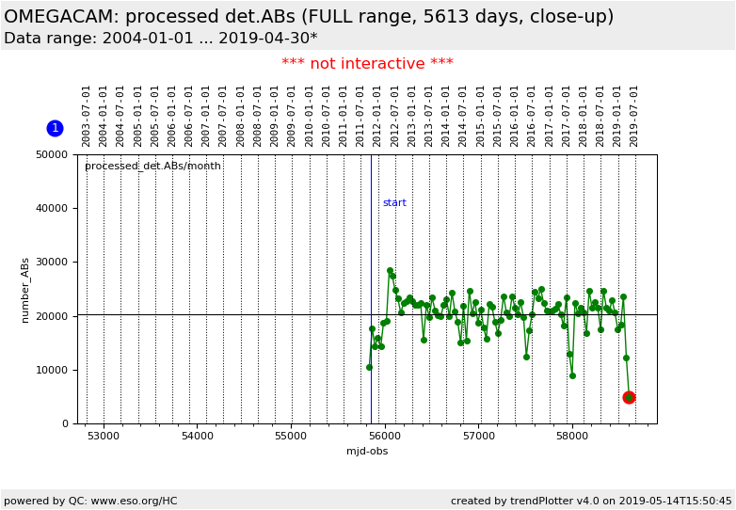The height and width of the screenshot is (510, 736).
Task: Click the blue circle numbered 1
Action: [55, 128]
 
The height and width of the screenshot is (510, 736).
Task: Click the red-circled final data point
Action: [629, 397]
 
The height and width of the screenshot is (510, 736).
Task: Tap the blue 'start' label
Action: [394, 203]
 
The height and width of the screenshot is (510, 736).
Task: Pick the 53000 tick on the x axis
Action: [104, 437]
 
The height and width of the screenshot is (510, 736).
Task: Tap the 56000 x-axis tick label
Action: [384, 437]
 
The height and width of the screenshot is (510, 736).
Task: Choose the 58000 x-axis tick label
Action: [572, 437]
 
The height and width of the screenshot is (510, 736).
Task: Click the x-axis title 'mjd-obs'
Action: [367, 452]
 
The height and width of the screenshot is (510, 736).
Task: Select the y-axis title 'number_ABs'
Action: [26, 290]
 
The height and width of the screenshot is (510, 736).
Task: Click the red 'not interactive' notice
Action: [367, 64]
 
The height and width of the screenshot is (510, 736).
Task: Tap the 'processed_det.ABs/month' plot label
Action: [152, 167]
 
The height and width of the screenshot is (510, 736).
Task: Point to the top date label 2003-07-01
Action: [87, 116]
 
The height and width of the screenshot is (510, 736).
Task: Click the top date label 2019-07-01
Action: [634, 116]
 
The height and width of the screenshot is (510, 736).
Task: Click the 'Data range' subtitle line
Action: [160, 39]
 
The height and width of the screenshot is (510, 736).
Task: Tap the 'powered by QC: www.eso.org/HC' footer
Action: [90, 501]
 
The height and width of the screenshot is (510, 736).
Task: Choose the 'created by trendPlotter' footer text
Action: [591, 501]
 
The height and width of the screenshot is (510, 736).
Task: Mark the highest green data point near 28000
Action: [390, 271]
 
